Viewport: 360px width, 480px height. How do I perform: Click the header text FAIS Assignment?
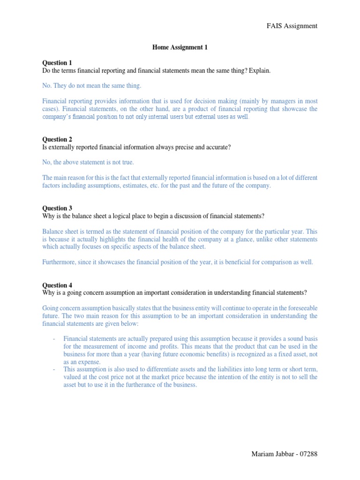(x=292, y=26)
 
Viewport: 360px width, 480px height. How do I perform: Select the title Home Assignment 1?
(x=180, y=47)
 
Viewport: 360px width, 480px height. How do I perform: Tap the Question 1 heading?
(x=57, y=63)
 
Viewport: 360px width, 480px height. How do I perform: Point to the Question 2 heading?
(x=57, y=139)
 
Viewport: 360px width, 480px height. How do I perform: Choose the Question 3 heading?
(x=57, y=208)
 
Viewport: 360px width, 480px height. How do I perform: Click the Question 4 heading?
(x=57, y=285)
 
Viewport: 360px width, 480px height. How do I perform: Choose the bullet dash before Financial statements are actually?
(x=55, y=339)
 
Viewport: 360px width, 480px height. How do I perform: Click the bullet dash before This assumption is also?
(x=55, y=369)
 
